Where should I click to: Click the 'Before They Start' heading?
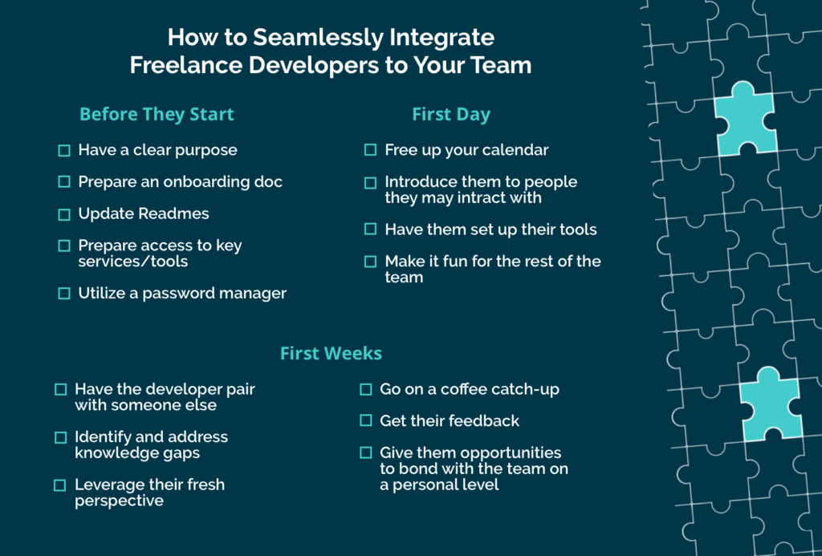coord(157,114)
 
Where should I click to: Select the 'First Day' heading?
coord(451,114)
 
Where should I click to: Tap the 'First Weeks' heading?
coord(331,353)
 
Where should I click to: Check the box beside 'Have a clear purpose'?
coord(64,150)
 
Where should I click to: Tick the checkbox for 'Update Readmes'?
coord(64,214)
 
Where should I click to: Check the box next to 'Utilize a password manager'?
coord(64,294)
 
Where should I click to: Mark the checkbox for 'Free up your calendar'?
coord(370,150)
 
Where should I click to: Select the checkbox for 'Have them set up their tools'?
coord(370,229)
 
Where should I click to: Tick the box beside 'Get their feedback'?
coord(366,420)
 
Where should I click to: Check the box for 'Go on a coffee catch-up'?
coord(366,389)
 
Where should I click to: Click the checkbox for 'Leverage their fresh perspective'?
coord(60,485)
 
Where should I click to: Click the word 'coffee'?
coord(461,389)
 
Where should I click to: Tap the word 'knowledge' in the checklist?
coord(114,453)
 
